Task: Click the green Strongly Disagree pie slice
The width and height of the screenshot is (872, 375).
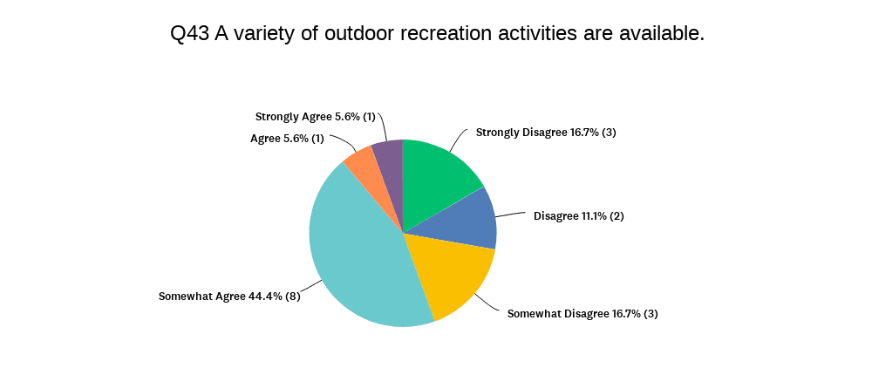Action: coord(437,178)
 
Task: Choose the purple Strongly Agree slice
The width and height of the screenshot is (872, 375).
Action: coord(389,161)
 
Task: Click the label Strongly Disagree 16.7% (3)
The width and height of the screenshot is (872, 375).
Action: coord(546,133)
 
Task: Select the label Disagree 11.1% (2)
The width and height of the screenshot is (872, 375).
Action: coord(579,216)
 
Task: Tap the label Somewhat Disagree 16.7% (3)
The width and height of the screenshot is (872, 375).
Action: coord(582,314)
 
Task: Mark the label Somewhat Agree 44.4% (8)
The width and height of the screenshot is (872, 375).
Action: coord(229,297)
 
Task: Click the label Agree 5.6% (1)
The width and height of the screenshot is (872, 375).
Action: coord(287,139)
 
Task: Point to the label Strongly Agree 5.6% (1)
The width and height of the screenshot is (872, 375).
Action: coord(316,117)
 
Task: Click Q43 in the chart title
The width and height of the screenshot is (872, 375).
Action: coord(189,34)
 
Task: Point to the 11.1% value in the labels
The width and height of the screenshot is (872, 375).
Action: coord(589,216)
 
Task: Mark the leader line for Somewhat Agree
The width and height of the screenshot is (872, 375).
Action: coord(312,287)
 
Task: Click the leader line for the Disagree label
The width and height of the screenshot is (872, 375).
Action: coord(510,215)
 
